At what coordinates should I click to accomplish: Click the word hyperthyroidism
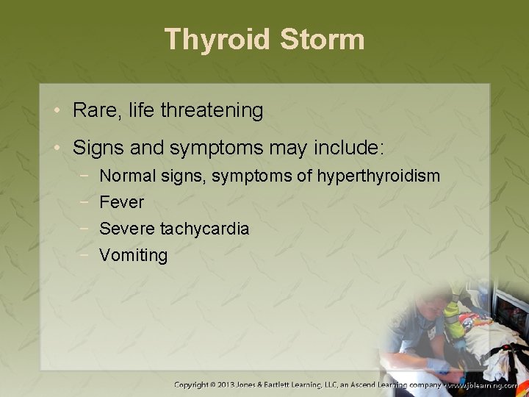pyautogui.click(x=379, y=176)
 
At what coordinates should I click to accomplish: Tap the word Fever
pyautogui.click(x=121, y=202)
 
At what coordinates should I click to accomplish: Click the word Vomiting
pyautogui.click(x=133, y=255)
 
